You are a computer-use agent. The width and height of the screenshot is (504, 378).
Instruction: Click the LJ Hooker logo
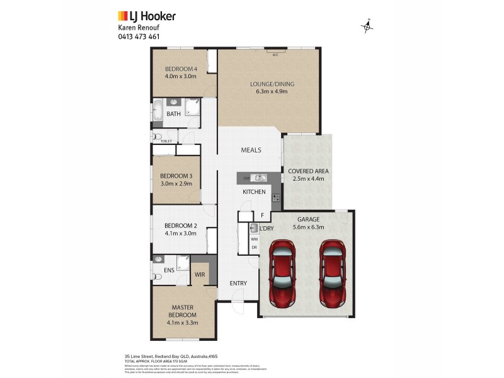pos(147,16)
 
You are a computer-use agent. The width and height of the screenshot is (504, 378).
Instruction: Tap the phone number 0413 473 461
pos(139,37)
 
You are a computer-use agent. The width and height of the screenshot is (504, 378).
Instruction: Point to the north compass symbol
pos(367,26)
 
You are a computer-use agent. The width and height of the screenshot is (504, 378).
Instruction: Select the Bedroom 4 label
pos(181,72)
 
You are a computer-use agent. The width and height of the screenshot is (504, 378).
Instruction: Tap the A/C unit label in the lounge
pos(275,55)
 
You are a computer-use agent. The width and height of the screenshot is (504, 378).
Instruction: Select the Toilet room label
pos(166,142)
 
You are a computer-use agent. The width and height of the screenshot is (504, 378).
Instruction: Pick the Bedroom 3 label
pos(175,179)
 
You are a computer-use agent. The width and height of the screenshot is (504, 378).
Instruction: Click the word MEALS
pos(251,150)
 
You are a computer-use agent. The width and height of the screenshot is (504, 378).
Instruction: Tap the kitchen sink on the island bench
pos(257,178)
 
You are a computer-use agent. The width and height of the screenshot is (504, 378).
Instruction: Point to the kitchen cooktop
pos(276,198)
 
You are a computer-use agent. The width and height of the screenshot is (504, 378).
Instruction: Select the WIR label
pos(200,275)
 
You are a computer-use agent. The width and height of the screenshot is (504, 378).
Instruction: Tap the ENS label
pos(169,271)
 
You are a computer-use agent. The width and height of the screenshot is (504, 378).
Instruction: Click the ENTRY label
pos(238,283)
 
